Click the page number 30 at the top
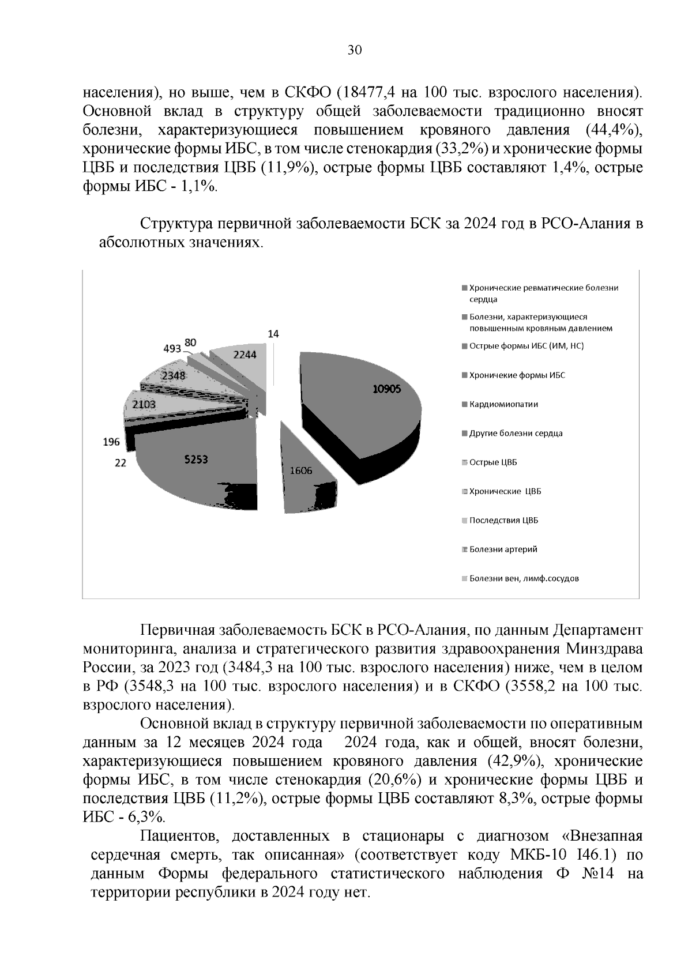click(x=354, y=51)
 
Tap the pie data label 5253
click(x=196, y=460)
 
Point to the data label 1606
click(x=301, y=470)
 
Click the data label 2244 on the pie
click(x=245, y=355)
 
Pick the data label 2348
click(x=173, y=375)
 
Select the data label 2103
click(x=144, y=405)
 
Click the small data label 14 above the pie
click(x=274, y=334)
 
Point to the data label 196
click(x=111, y=442)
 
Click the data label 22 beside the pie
click(x=120, y=462)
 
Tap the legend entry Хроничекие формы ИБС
click(x=517, y=375)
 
